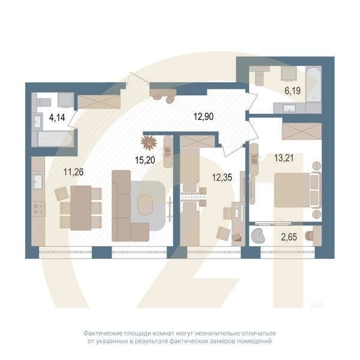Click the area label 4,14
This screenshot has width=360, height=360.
coord(57,117)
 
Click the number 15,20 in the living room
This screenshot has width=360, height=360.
coord(143,160)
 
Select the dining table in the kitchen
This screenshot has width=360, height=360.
coord(80,208)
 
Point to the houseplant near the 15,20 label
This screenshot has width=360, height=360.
coord(148,143)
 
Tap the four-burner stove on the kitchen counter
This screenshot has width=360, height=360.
coord(38,209)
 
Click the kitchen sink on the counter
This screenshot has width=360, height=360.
coord(37,179)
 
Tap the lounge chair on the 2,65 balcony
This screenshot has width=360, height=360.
coord(260,235)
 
